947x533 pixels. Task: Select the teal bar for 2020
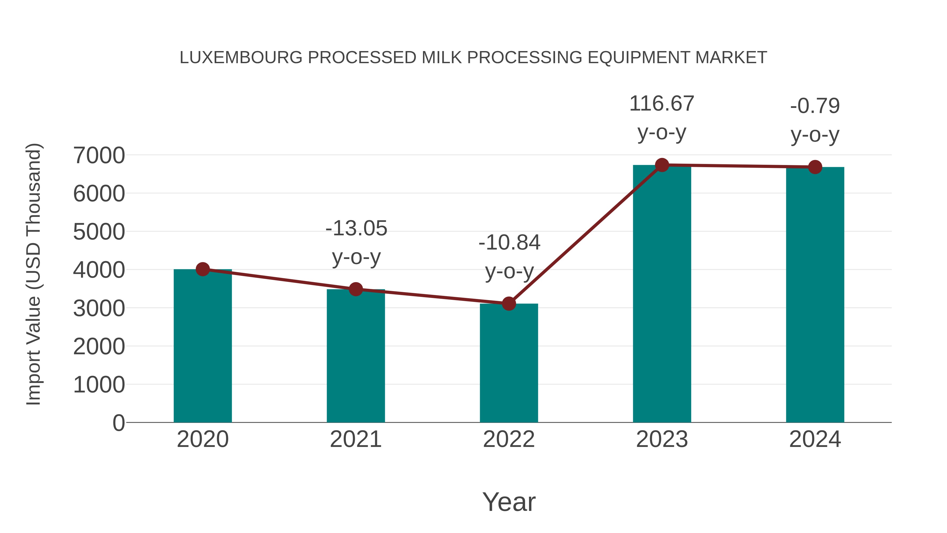[203, 346]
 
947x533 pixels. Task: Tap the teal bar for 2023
[662, 294]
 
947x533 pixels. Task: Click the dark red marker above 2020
[203, 269]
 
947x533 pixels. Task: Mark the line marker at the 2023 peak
[662, 165]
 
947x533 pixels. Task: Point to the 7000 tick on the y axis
[99, 155]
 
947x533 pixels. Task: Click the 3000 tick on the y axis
[99, 308]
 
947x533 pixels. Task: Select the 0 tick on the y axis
[118, 423]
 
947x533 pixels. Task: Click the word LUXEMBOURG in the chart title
[241, 58]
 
